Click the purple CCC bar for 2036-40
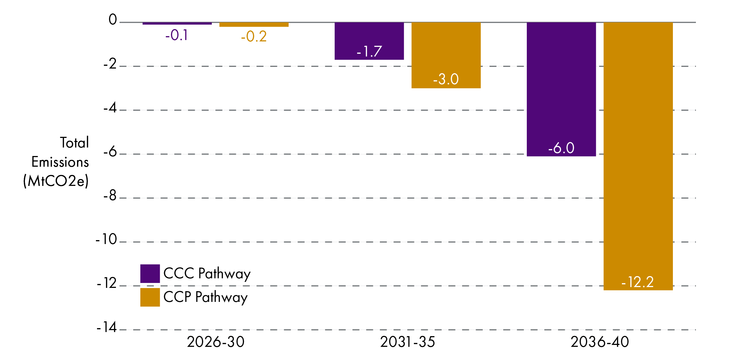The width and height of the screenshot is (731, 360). pyautogui.click(x=561, y=85)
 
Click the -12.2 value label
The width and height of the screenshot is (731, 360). pyautogui.click(x=637, y=282)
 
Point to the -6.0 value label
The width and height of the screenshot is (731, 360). pyautogui.click(x=561, y=148)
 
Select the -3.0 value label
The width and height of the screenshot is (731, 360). pyautogui.click(x=445, y=79)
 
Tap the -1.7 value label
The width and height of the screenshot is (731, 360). pyautogui.click(x=369, y=51)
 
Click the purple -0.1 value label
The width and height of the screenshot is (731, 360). pyautogui.click(x=177, y=35)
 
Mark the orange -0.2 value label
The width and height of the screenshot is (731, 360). pyautogui.click(x=254, y=37)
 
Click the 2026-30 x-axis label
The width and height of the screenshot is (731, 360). pyautogui.click(x=215, y=342)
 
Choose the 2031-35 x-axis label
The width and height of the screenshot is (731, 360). pyautogui.click(x=408, y=342)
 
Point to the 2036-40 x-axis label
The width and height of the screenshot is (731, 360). pyautogui.click(x=600, y=342)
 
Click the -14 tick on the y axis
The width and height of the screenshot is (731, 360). pyautogui.click(x=107, y=327)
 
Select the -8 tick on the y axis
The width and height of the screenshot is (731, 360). pyautogui.click(x=110, y=195)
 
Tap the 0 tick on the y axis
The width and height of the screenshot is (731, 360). pyautogui.click(x=113, y=19)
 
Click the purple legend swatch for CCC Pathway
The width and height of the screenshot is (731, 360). pyautogui.click(x=150, y=273)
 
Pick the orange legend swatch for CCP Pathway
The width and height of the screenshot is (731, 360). pyautogui.click(x=150, y=297)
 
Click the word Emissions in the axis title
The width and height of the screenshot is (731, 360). pyautogui.click(x=60, y=162)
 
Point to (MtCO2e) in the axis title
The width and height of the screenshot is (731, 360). pyautogui.click(x=56, y=181)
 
